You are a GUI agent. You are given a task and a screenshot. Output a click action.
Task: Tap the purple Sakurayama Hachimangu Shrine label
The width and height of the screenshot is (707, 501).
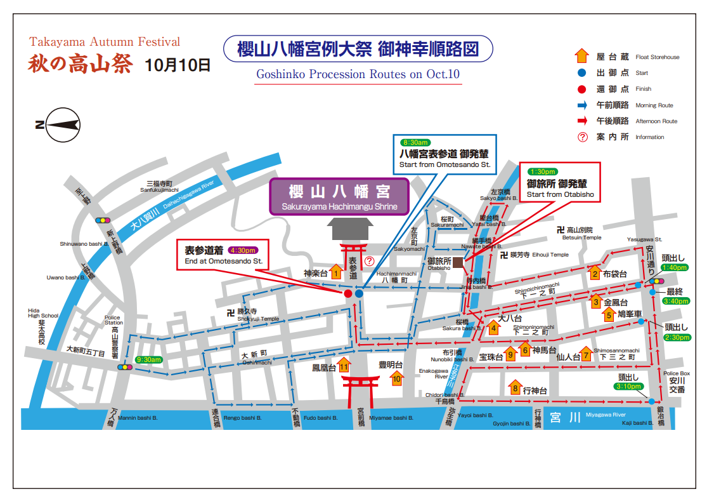click(x=339, y=196)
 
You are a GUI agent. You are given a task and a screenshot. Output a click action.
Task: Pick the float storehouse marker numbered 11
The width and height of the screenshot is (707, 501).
click(x=344, y=365)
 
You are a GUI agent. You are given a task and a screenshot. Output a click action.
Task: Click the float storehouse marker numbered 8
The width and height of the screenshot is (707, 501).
click(x=516, y=387)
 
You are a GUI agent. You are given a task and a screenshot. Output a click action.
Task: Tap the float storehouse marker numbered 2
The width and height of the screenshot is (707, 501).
click(x=595, y=273)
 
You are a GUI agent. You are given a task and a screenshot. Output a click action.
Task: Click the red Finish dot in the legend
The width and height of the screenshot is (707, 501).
click(x=581, y=89)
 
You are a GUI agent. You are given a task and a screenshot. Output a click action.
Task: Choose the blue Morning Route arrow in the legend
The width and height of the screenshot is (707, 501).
click(x=581, y=105)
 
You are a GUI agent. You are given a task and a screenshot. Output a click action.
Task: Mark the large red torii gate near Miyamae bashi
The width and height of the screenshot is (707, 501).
click(x=360, y=389)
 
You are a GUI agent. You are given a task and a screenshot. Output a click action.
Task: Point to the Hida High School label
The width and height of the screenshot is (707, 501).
click(x=42, y=313)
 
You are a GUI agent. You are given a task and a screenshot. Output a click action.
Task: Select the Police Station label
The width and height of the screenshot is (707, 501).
click(x=114, y=320)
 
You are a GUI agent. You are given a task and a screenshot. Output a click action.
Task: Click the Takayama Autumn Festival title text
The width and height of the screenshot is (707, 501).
click(x=105, y=43)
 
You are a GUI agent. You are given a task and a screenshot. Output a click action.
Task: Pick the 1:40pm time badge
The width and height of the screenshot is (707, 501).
click(x=674, y=268)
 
